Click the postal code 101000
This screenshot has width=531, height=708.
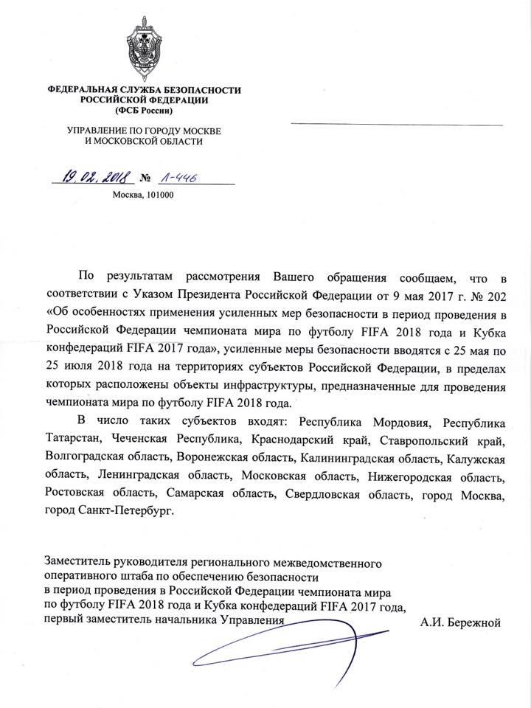(x=159, y=195)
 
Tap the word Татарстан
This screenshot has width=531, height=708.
(x=72, y=440)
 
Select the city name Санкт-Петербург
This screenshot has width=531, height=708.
(x=128, y=511)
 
